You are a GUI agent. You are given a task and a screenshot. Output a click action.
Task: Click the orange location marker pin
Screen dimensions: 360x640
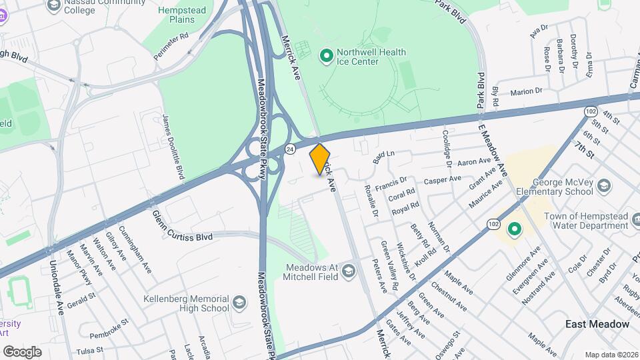pos(320,159)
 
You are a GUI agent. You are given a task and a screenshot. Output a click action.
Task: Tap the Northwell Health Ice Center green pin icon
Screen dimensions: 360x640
pos(327,56)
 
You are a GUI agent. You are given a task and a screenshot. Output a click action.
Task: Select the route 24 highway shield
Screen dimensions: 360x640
pos(289,147)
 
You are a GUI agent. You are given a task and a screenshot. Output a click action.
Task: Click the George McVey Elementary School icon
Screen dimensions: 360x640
pos(604,185)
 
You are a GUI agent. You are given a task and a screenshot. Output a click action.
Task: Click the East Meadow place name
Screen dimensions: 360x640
pos(597,324)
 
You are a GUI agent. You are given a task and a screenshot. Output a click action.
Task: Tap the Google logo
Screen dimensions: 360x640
pos(22,351)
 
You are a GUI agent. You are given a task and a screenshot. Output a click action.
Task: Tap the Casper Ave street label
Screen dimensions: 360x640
pos(443,179)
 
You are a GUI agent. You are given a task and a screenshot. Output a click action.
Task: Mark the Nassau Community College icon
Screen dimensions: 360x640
pos(54,5)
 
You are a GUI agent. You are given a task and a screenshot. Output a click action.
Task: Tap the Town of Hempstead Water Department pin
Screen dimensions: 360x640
pos(514,230)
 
